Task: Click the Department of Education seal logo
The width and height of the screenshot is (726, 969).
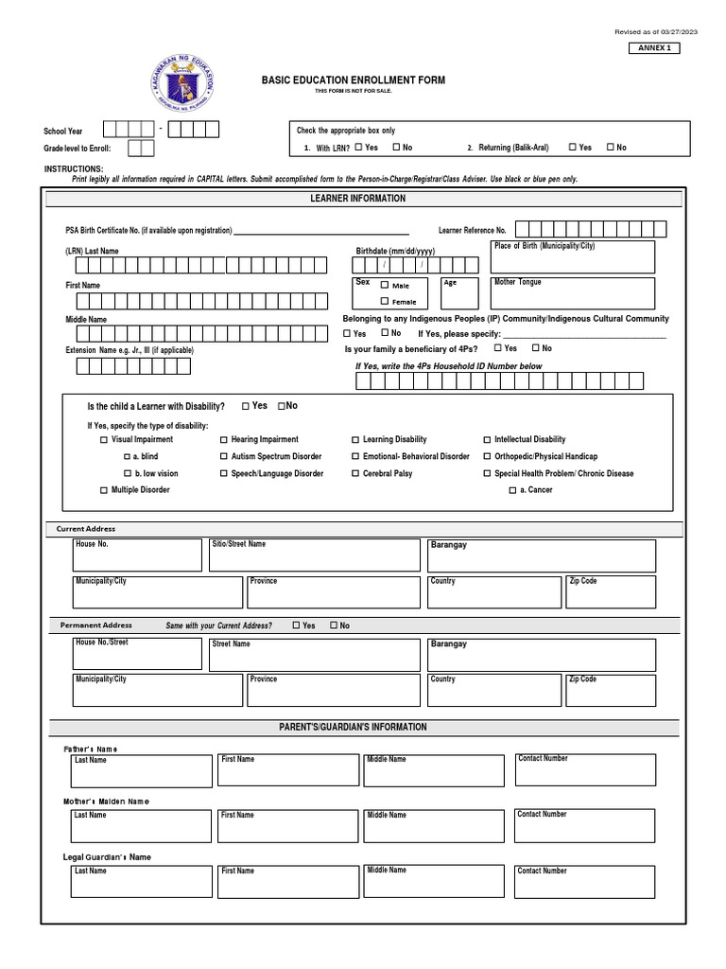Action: pos(181,87)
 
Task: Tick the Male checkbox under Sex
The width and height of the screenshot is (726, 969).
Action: pos(385,285)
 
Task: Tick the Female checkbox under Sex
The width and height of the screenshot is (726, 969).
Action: pos(385,301)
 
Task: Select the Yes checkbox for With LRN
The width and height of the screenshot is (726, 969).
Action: pos(359,147)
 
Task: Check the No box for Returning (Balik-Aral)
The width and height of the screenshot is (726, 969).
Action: pos(611,147)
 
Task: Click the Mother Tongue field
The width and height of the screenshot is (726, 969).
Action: pos(573,293)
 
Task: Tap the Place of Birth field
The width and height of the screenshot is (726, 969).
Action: pos(573,256)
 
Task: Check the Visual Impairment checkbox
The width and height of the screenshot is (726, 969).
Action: pos(104,440)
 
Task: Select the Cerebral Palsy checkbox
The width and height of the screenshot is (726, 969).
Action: pos(355,474)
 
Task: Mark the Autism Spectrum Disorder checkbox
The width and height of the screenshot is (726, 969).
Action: pos(224,457)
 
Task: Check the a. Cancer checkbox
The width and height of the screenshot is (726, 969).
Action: pos(512,491)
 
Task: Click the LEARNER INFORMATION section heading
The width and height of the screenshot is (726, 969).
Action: pos(358,199)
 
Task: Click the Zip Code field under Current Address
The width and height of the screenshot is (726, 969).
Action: pos(611,592)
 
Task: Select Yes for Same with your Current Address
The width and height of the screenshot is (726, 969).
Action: pos(296,625)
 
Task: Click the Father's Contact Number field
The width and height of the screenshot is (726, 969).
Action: pos(584,770)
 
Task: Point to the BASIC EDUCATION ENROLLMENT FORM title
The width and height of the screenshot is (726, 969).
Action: pos(354,80)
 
